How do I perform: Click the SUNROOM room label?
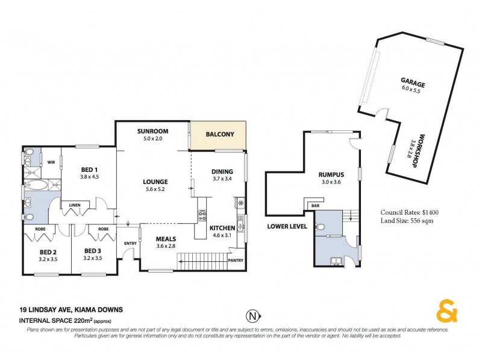[152, 131]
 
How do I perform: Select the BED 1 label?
[90, 170]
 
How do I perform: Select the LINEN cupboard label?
[75, 205]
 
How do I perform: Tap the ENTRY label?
[130, 243]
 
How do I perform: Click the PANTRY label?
[236, 260]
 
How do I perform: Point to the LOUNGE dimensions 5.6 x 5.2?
[155, 189]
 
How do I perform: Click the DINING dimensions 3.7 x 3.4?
[222, 179]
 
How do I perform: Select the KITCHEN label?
[222, 227]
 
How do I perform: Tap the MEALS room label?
[166, 238]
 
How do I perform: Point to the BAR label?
[315, 206]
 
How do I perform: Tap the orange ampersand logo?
[446, 313]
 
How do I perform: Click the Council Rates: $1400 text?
[410, 212]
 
